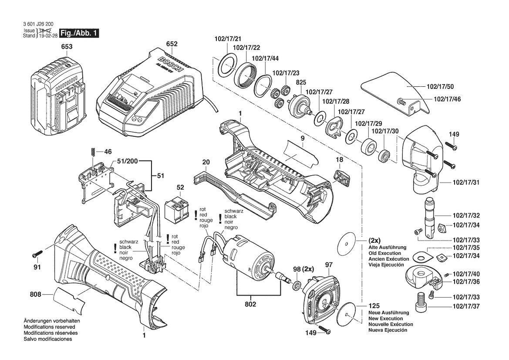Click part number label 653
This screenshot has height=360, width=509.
point(67,46)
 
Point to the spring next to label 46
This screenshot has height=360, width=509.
point(93,153)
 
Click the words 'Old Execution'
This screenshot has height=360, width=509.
point(385,253)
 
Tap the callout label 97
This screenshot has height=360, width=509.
point(329,265)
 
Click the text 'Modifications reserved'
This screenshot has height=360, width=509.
point(49,327)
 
